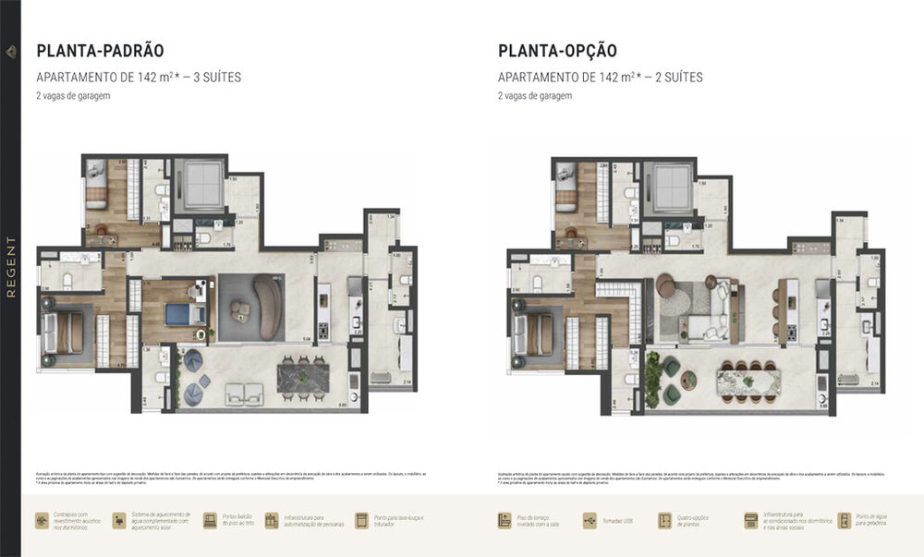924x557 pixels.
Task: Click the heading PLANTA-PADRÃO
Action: tap(100, 51)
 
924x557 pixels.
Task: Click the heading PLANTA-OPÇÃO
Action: tap(557, 51)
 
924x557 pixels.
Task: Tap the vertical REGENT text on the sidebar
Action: tap(11, 267)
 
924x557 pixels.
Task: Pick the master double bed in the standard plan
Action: tap(66, 332)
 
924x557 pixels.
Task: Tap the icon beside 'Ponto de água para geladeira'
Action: tap(845, 521)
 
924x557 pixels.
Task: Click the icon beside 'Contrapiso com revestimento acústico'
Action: tap(43, 521)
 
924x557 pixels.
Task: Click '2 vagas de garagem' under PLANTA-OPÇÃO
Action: tap(535, 96)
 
